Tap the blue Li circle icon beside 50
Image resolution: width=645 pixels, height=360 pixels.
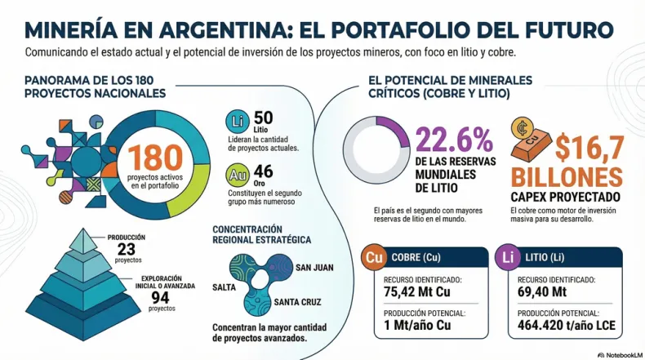[x=237, y=122]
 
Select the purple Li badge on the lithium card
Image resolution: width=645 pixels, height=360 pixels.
[x=509, y=258]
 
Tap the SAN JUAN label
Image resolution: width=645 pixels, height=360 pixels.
[x=314, y=268]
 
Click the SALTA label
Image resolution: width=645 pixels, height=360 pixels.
[x=225, y=287]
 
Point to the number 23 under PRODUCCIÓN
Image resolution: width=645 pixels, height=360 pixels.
[x=127, y=250]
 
